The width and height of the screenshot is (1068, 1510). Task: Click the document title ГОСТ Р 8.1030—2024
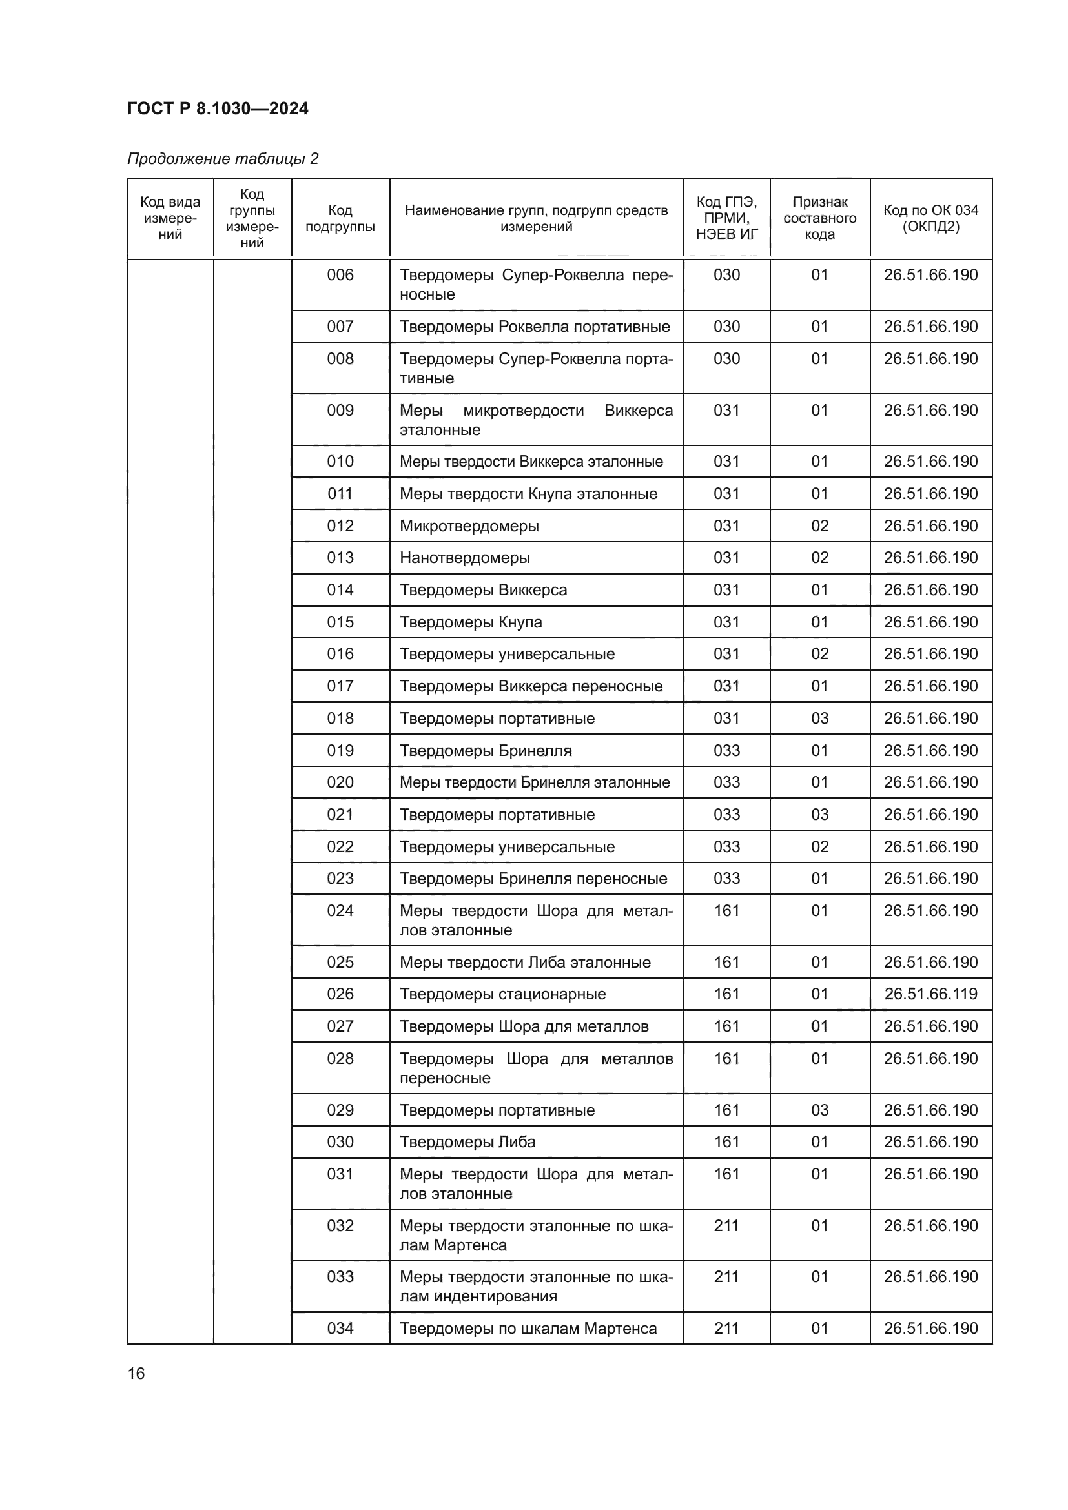[218, 108]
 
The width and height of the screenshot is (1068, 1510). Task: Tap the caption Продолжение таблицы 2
[223, 159]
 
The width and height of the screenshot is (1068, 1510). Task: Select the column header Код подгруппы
[340, 218]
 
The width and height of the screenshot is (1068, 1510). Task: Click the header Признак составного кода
[819, 218]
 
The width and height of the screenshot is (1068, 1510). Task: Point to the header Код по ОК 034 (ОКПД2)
[930, 218]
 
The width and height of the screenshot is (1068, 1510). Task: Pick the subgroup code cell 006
[340, 275]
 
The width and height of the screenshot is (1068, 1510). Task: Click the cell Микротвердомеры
[469, 525]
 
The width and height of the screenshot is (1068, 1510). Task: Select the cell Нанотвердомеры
[465, 558]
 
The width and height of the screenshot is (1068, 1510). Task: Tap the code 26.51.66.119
[930, 994]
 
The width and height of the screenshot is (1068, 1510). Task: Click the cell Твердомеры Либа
[467, 1142]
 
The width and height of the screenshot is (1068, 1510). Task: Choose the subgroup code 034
[340, 1328]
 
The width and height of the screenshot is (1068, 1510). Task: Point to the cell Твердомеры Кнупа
[471, 622]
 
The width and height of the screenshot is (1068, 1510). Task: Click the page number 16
[136, 1373]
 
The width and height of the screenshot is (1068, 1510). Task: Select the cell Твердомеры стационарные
[503, 994]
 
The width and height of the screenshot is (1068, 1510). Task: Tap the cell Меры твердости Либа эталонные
[526, 962]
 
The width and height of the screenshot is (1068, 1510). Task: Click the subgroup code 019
[340, 750]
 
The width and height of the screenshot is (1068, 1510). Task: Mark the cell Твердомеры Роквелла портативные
[535, 327]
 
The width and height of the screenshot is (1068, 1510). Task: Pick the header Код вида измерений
[170, 218]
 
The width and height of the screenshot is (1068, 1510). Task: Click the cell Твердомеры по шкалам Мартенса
[528, 1328]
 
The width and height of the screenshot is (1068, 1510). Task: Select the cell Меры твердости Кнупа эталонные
[529, 494]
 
